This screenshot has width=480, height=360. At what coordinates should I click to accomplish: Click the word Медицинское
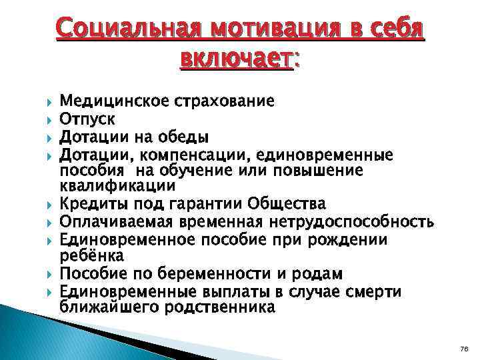click(x=114, y=101)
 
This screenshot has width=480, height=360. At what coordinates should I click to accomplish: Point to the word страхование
click(x=223, y=101)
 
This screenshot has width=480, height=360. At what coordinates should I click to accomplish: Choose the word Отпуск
click(x=87, y=119)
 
